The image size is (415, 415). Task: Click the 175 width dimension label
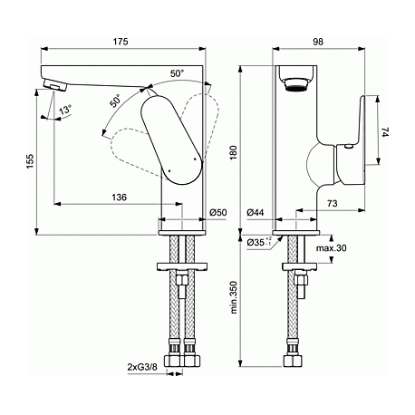pyautogui.click(x=121, y=42)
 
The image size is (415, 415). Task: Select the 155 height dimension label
pyautogui.click(x=31, y=161)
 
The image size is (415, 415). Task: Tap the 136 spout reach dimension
pyautogui.click(x=120, y=198)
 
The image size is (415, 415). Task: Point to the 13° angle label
pyautogui.click(x=65, y=110)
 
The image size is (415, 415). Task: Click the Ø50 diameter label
pyautogui.click(x=218, y=212)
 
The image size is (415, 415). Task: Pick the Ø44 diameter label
pyautogui.click(x=256, y=212)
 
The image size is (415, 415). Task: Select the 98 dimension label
pyautogui.click(x=318, y=42)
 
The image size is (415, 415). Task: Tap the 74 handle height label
pyautogui.click(x=386, y=132)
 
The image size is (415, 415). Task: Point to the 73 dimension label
pyautogui.click(x=332, y=203)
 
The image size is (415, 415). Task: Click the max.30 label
pyautogui.click(x=332, y=248)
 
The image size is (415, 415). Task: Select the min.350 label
pyautogui.click(x=235, y=297)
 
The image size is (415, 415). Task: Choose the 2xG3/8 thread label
pyautogui.click(x=142, y=367)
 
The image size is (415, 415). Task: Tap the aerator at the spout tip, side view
pyautogui.click(x=55, y=84)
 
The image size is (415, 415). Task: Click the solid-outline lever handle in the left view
pyautogui.click(x=171, y=140)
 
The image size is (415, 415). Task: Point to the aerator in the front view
pyautogui.click(x=296, y=84)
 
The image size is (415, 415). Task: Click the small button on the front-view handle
pyautogui.click(x=348, y=147)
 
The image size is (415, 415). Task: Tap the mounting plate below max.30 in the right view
pyautogui.click(x=299, y=266)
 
